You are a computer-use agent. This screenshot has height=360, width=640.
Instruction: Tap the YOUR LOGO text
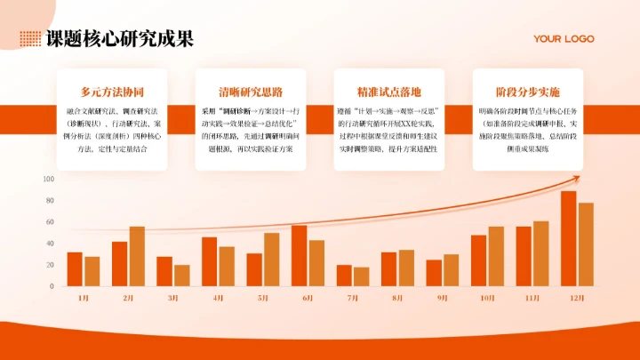(x=564, y=39)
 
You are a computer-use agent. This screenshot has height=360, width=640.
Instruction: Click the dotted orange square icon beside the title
(x=30, y=38)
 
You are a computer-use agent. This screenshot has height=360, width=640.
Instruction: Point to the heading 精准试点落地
(x=389, y=92)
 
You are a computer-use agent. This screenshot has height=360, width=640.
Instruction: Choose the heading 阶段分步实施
(x=528, y=92)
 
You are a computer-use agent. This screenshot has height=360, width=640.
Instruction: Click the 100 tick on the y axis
(x=48, y=179)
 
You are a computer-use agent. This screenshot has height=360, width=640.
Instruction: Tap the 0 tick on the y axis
(x=52, y=286)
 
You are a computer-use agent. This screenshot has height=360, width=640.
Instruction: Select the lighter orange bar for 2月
(x=137, y=256)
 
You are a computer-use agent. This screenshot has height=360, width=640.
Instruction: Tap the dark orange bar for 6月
(x=300, y=256)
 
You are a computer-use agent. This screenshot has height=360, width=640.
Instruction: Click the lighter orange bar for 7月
(x=361, y=276)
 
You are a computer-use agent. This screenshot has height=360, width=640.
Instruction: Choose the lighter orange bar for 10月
(x=496, y=256)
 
